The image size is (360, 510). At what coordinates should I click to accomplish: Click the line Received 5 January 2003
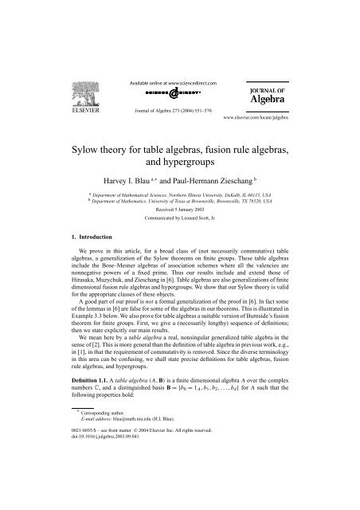pyautogui.click(x=180, y=209)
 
